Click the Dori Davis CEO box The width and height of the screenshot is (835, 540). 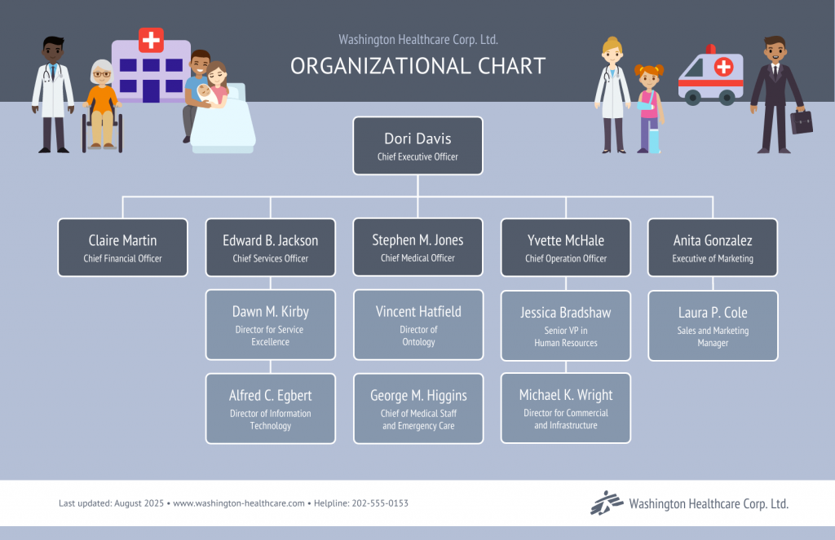(417, 146)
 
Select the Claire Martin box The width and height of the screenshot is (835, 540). (122, 248)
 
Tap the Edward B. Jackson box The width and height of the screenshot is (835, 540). (270, 248)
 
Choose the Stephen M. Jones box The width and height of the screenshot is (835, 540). (417, 248)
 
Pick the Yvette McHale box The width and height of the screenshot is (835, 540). (565, 248)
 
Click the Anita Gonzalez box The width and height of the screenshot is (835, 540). (713, 248)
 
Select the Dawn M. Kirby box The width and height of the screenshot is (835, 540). (270, 325)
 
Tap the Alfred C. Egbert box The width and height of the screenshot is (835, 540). (270, 408)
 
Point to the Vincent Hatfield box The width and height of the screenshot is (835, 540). (417, 325)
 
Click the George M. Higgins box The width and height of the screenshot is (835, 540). (417, 408)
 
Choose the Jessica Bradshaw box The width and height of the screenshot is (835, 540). (565, 325)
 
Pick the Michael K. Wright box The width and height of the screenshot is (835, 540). (565, 408)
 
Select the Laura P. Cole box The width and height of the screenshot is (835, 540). (713, 325)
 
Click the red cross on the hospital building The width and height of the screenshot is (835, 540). (151, 39)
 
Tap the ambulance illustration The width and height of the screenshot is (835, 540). (710, 77)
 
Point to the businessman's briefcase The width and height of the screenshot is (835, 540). (801, 122)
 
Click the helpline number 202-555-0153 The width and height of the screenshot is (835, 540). (380, 503)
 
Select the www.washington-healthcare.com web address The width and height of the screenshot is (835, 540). (239, 503)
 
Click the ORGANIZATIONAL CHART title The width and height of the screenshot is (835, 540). (417, 66)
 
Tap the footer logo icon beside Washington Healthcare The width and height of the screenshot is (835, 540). (606, 503)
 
